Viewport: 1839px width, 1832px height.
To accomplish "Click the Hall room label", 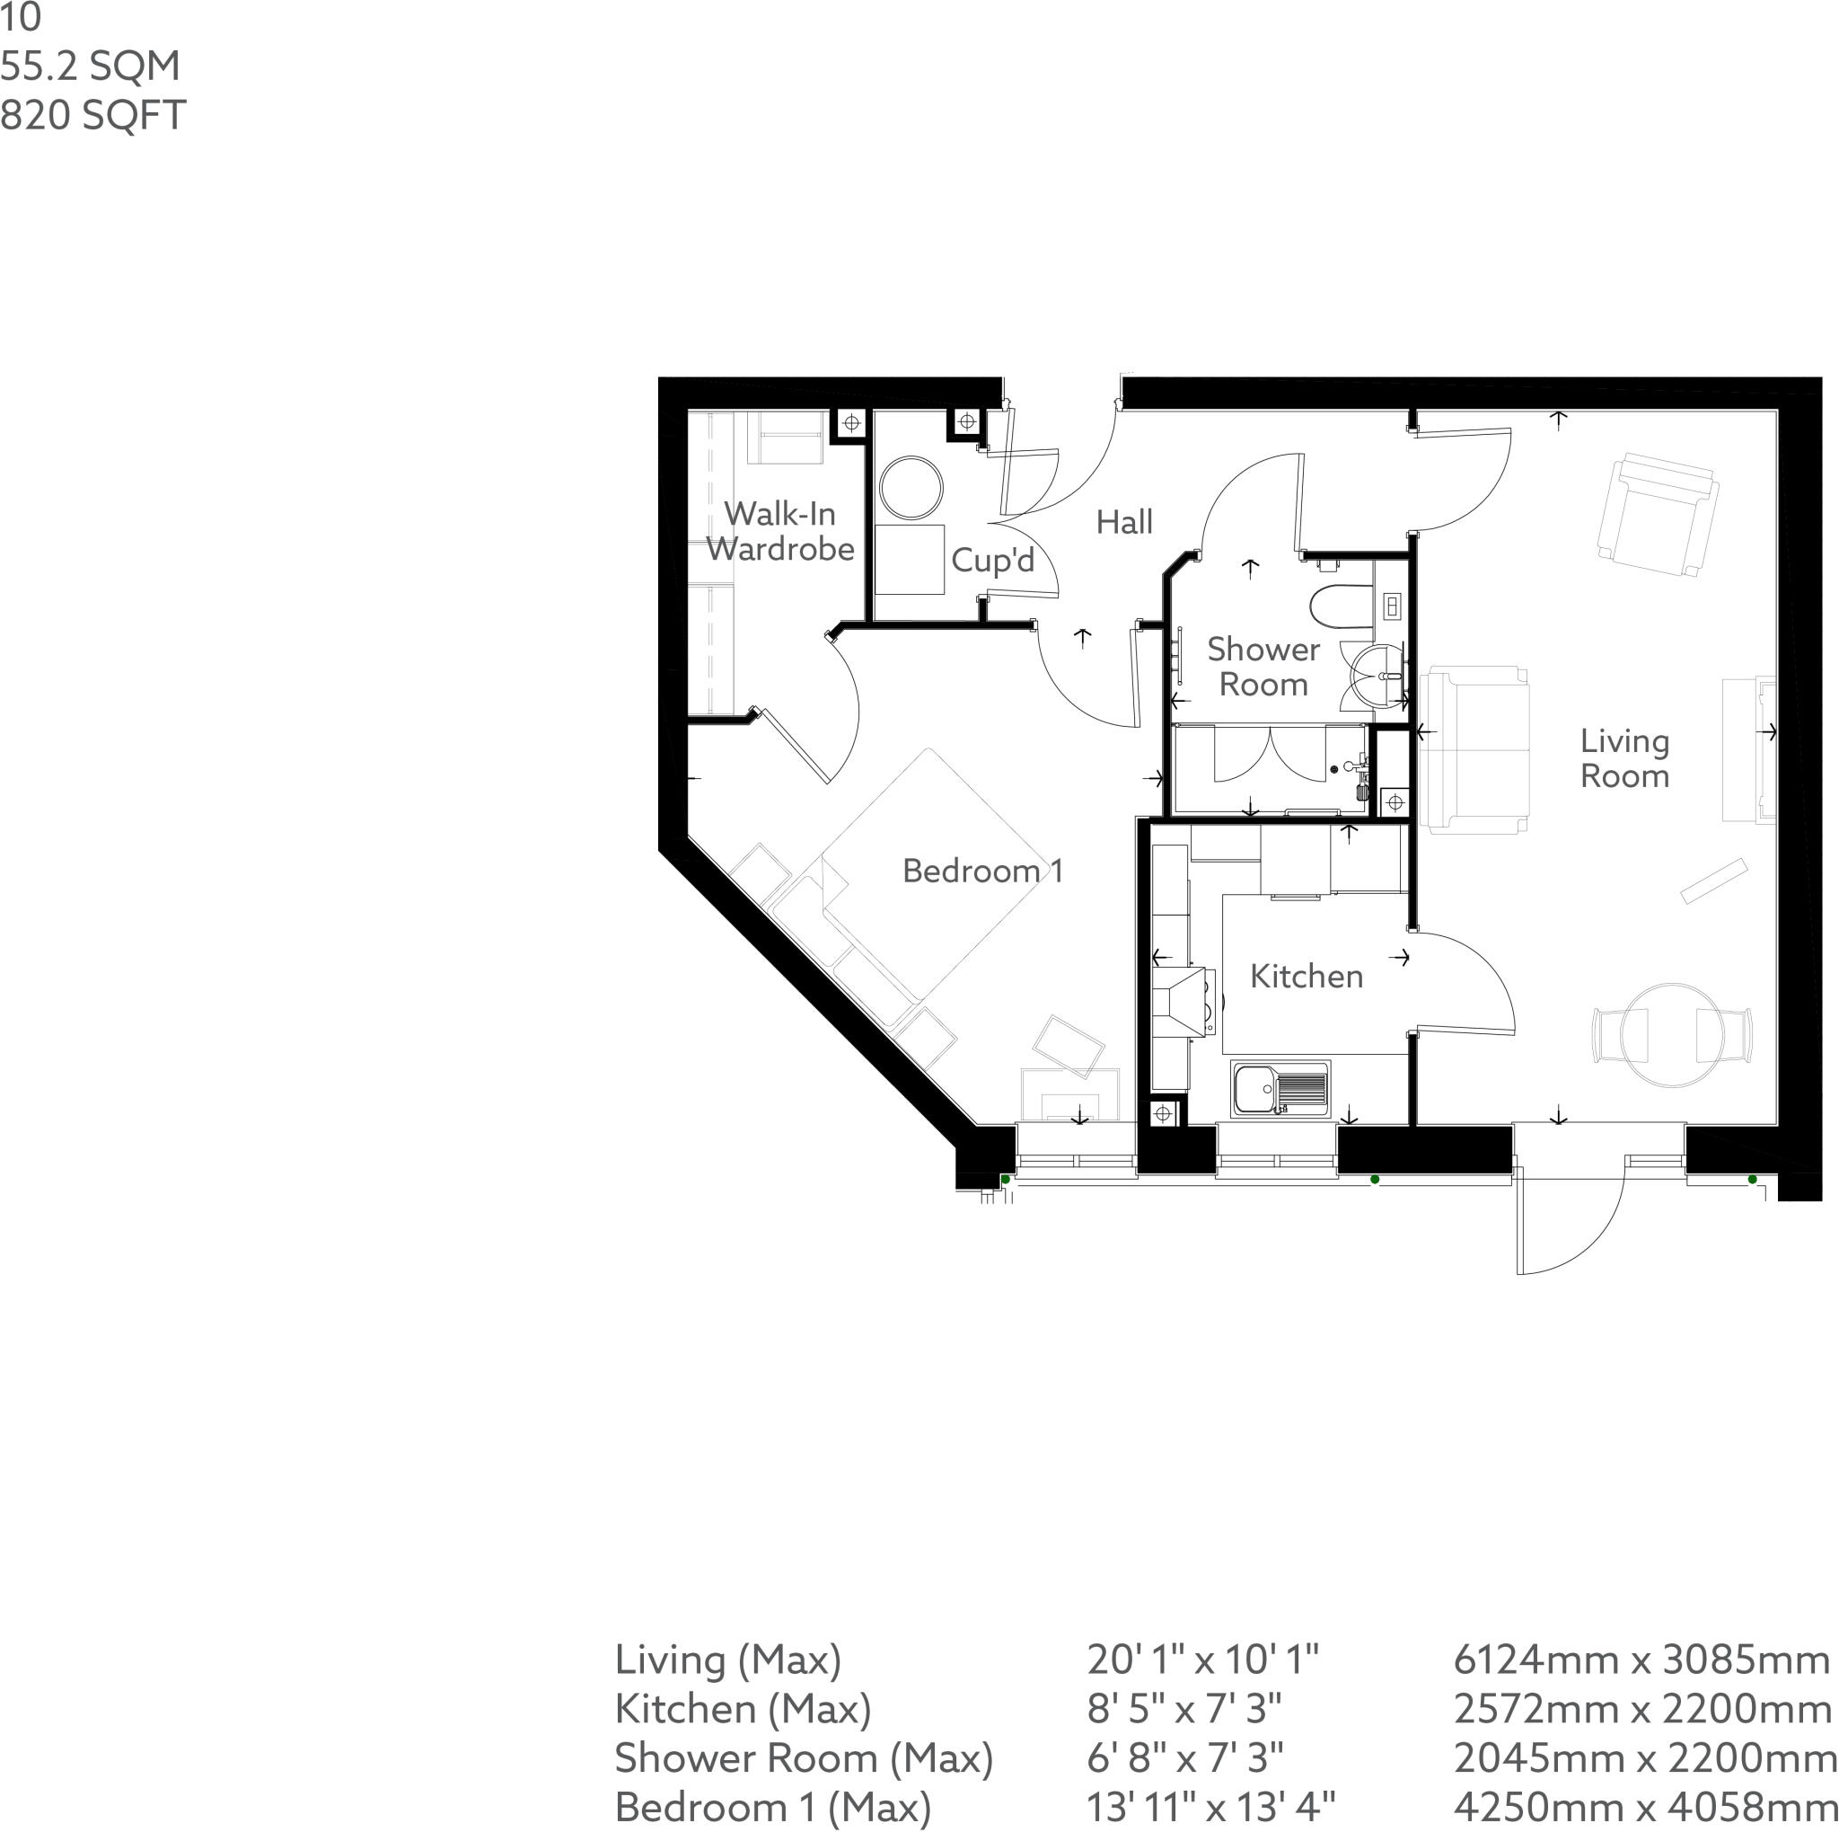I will pyautogui.click(x=1123, y=522).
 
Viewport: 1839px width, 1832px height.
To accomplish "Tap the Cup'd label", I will pyautogui.click(x=992, y=560).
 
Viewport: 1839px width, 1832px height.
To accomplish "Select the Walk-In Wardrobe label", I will pyautogui.click(x=779, y=531).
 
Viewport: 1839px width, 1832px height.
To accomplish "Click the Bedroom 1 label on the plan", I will pyautogui.click(x=981, y=871).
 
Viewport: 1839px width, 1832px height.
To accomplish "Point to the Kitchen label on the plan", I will pyautogui.click(x=1306, y=976).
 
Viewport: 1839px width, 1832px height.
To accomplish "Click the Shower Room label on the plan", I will pyautogui.click(x=1263, y=667).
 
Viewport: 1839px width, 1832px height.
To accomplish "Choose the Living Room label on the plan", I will pyautogui.click(x=1624, y=759).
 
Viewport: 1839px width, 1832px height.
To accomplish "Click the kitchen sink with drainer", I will pyautogui.click(x=1280, y=1087).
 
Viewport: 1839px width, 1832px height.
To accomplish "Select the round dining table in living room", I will pyautogui.click(x=1671, y=1034).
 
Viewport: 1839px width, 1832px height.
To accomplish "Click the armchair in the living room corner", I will pyautogui.click(x=1659, y=514).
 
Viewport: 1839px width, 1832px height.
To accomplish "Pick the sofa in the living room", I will pyautogui.click(x=1474, y=748).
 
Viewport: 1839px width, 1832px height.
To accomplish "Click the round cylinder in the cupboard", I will pyautogui.click(x=911, y=488).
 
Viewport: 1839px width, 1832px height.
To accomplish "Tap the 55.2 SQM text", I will pyautogui.click(x=91, y=66).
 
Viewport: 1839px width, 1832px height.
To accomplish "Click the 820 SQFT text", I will pyautogui.click(x=92, y=115).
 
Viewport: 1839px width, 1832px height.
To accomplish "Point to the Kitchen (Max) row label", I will pyautogui.click(x=743, y=1709).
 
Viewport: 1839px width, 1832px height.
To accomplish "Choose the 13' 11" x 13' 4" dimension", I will pyautogui.click(x=1210, y=1807).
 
